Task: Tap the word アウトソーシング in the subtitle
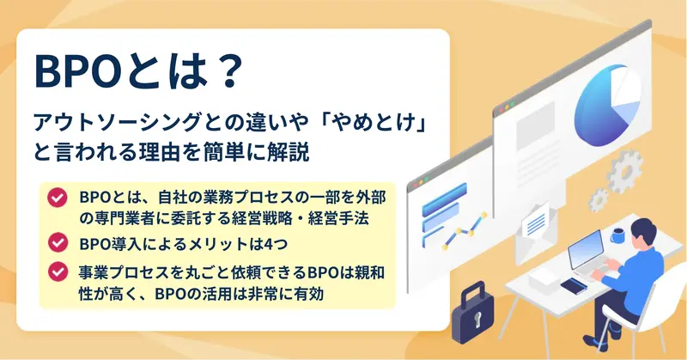pyautogui.click(x=118, y=123)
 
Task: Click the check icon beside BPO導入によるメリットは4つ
pyautogui.click(x=58, y=242)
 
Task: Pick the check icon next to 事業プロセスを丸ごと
pyautogui.click(x=58, y=272)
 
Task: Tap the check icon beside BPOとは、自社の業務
pyautogui.click(x=58, y=198)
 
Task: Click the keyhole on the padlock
pyautogui.click(x=476, y=320)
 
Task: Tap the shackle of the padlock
pyautogui.click(x=473, y=293)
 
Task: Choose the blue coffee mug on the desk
pyautogui.click(x=617, y=236)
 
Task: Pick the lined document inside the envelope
pyautogui.click(x=535, y=223)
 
